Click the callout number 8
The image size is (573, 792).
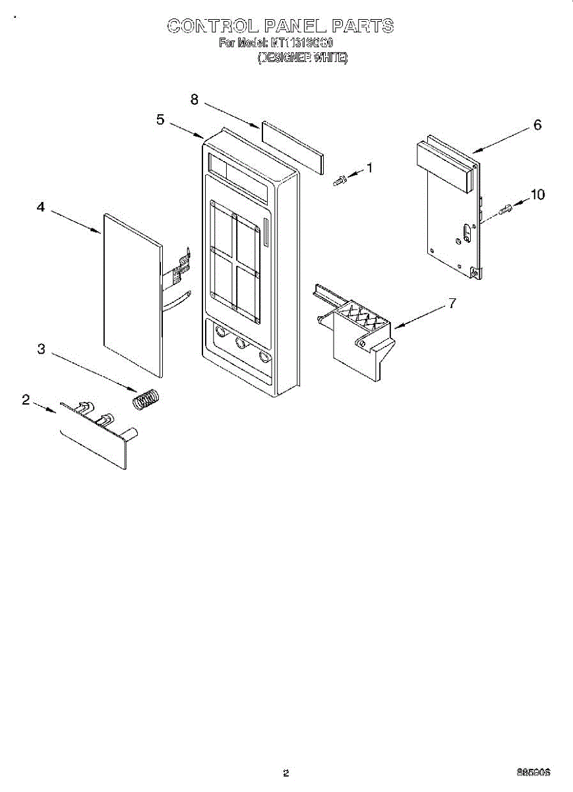[x=195, y=99]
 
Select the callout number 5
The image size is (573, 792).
[x=160, y=119]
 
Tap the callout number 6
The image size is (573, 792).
[x=537, y=125]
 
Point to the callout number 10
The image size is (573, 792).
[x=537, y=195]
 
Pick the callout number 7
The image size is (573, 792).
[x=452, y=304]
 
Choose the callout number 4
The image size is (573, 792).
[x=41, y=207]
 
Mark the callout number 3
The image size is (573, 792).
[x=41, y=349]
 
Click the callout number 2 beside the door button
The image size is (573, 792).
[x=26, y=399]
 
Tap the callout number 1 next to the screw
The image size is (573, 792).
[x=369, y=168]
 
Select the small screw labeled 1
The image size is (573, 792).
[x=340, y=180]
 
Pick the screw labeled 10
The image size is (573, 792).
[x=506, y=210]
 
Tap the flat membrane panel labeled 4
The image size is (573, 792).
[x=132, y=290]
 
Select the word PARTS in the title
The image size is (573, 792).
[x=362, y=26]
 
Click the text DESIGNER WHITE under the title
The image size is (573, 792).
[x=302, y=58]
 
